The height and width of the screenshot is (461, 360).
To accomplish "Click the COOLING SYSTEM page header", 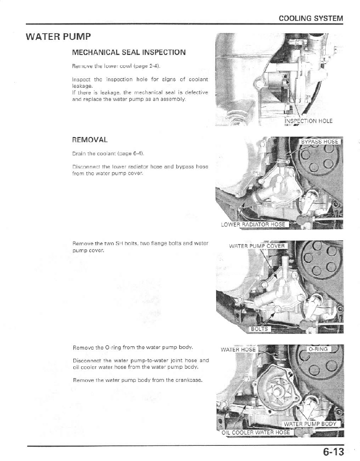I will (310, 18).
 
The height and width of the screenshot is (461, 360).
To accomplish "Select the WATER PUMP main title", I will (58, 37).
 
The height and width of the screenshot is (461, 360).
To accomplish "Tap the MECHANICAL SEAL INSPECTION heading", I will (129, 52).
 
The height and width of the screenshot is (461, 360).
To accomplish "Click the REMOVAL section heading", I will (90, 139).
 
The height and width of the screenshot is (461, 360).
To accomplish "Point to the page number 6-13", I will (333, 452).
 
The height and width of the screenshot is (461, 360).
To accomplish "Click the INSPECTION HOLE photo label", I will (308, 121).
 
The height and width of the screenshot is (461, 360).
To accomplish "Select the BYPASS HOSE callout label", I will (319, 141).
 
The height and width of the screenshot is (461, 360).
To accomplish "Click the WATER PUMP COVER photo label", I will (256, 246).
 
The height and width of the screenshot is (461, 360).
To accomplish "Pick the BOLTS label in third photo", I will (259, 329).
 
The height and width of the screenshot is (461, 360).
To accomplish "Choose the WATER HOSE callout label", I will (238, 349).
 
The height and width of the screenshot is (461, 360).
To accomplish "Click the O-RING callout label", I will (318, 349).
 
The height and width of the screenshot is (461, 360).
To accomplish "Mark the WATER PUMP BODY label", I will (310, 424).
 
